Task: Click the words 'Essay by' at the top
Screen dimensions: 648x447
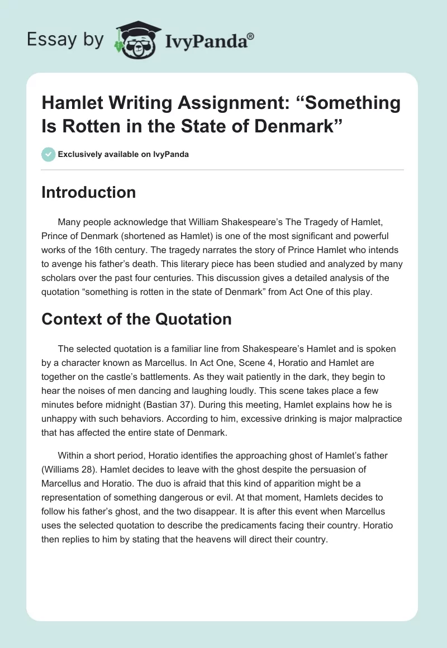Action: [x=66, y=40]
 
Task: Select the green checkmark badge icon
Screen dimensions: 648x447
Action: [x=48, y=154]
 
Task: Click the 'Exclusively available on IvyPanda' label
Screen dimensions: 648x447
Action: [x=123, y=154]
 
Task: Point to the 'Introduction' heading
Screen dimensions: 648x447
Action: [x=88, y=192]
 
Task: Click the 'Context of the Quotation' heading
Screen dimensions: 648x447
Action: [x=136, y=319]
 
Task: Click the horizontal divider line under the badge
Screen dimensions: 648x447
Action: [x=223, y=170]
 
